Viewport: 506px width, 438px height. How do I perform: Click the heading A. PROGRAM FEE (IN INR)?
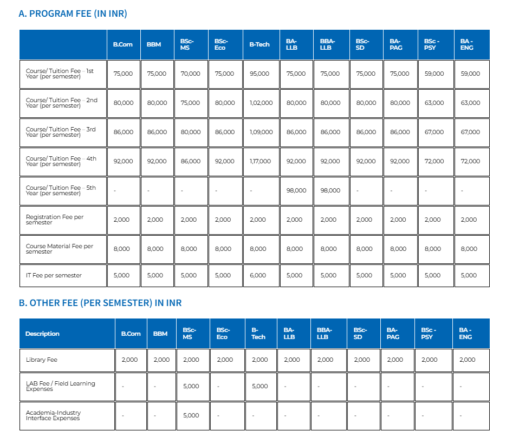pos(73,14)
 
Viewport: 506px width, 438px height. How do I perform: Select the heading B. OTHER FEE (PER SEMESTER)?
pos(100,303)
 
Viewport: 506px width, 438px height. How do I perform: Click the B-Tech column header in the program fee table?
pos(259,44)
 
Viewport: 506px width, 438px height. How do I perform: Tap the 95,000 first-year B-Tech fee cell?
pos(259,74)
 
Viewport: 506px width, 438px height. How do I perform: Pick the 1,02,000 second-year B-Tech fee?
pos(261,103)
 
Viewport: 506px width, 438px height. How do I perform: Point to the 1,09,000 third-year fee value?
pos(261,132)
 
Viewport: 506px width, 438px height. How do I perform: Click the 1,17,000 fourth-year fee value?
pos(260,161)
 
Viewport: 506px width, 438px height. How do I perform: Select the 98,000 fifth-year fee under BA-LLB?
pos(296,190)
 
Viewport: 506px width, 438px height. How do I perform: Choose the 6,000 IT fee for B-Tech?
pos(257,275)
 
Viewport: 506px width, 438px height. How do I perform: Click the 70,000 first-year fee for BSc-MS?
pos(190,74)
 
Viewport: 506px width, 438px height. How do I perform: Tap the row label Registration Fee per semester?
pos(55,220)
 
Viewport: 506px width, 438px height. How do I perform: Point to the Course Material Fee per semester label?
pos(60,249)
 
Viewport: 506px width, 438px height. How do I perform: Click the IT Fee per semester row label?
pos(54,275)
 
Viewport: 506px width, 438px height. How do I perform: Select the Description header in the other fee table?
pos(42,334)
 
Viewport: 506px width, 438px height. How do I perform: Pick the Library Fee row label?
pos(42,360)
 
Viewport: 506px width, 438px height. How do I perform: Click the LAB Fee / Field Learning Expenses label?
pos(60,386)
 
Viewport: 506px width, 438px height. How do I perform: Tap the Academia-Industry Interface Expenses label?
pos(53,415)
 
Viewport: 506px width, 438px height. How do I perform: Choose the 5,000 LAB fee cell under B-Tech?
pos(260,386)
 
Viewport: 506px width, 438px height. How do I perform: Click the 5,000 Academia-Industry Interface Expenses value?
pos(191,415)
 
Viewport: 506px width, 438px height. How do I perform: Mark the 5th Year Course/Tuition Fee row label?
pos(61,190)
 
